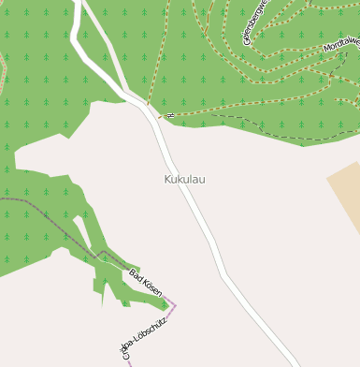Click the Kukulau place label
click(x=184, y=179)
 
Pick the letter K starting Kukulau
click(x=168, y=179)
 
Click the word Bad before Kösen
click(x=135, y=275)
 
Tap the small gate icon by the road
click(x=169, y=116)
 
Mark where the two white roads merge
click(x=146, y=104)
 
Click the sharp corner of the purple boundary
click(x=175, y=305)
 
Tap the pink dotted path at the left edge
click(x=3, y=66)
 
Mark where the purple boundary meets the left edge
click(x=1, y=198)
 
